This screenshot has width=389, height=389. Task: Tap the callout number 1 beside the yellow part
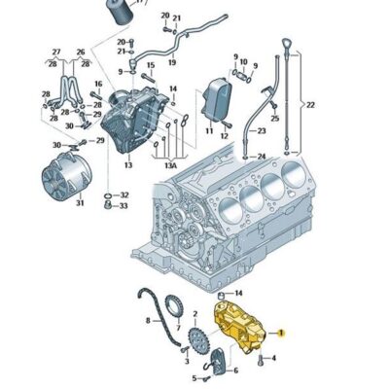281,332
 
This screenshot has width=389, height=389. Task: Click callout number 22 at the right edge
311,105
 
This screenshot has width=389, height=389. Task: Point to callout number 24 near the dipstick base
261,156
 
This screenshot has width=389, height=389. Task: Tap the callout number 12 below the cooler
225,135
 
